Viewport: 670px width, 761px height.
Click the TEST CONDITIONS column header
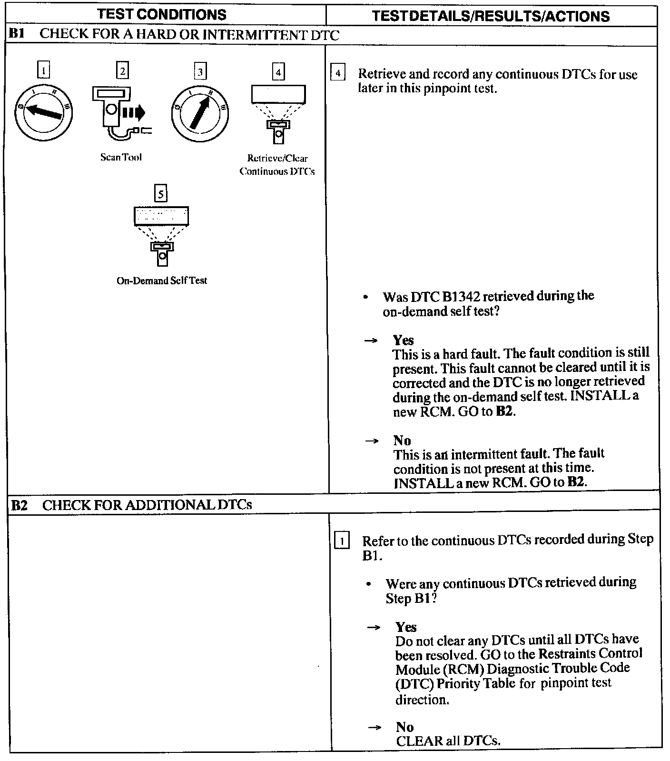(x=162, y=14)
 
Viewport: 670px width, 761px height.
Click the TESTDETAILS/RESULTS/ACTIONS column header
(x=491, y=16)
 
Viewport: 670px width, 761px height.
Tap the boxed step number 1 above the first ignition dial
(x=43, y=71)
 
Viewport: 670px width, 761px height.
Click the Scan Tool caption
(x=121, y=157)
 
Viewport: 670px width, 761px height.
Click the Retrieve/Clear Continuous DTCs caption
(x=277, y=165)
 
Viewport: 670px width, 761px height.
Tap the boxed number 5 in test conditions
(x=161, y=194)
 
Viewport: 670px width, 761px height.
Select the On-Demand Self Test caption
(x=162, y=280)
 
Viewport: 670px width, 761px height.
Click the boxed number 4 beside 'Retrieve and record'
(x=337, y=73)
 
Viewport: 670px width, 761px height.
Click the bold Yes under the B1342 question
(x=403, y=340)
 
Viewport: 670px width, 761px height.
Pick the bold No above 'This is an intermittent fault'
(x=402, y=440)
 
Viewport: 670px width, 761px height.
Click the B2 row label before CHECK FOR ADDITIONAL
(x=20, y=505)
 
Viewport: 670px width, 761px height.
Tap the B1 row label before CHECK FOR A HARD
(x=17, y=34)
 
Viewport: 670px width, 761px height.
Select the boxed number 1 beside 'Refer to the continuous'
(x=342, y=541)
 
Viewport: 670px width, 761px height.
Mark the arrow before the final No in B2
(x=374, y=727)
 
